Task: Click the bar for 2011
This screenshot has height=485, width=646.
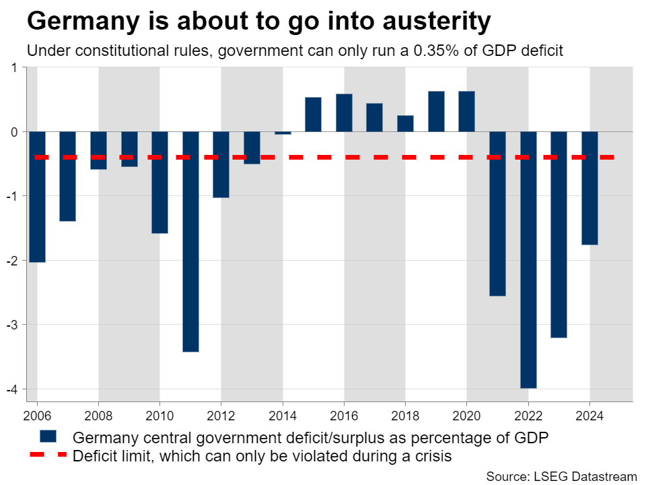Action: tap(190, 241)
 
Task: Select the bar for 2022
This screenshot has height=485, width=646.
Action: tap(528, 259)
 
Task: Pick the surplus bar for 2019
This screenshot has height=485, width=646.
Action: tap(436, 111)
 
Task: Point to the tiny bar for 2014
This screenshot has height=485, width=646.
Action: tap(283, 133)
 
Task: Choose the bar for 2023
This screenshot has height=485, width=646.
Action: tap(559, 234)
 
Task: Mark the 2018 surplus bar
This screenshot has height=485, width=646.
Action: tap(405, 123)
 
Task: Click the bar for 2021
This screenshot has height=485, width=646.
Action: tap(497, 214)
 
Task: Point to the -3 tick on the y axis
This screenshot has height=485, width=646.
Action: tap(13, 325)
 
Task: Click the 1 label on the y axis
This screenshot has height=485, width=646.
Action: tap(15, 67)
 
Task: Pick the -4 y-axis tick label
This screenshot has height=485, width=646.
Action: tap(13, 389)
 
